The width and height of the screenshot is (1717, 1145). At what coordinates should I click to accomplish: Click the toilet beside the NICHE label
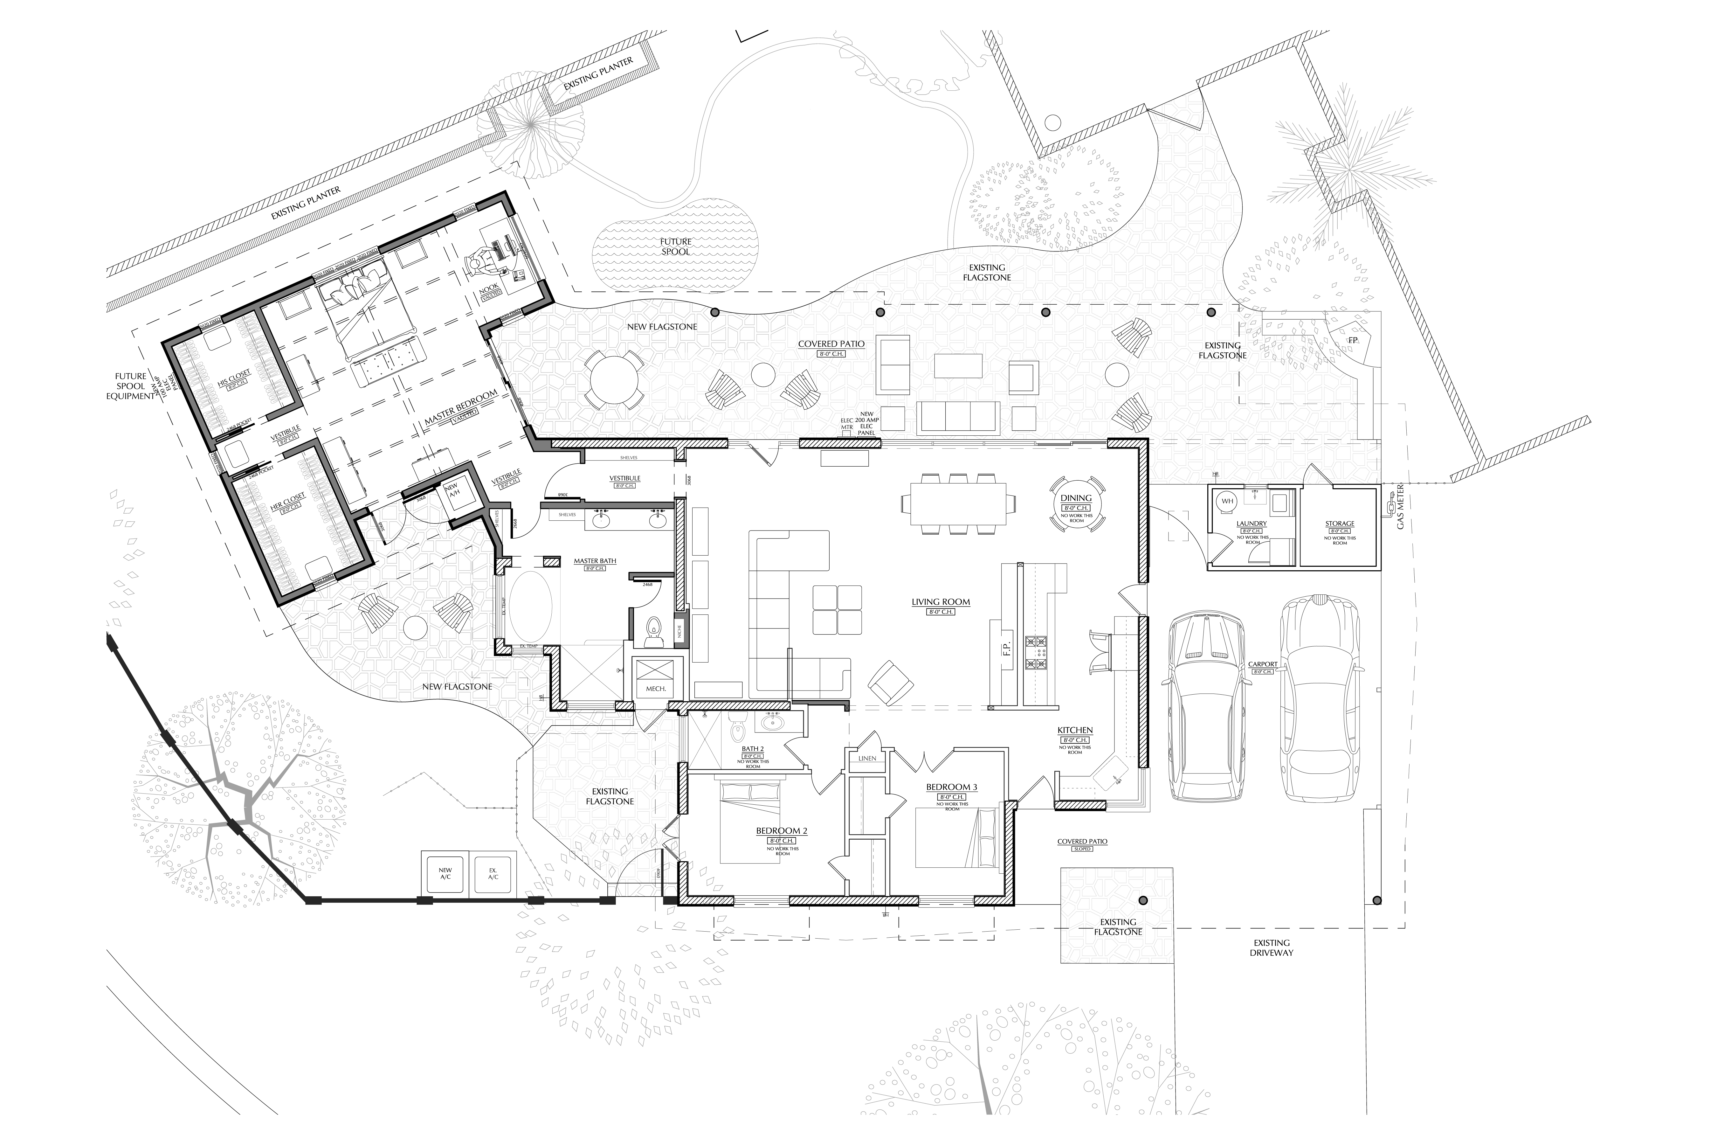[x=654, y=628]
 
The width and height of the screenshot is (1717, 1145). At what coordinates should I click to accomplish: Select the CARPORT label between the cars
[x=1262, y=664]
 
